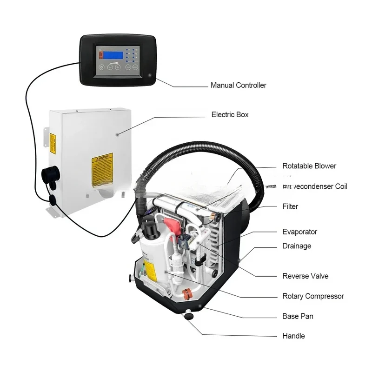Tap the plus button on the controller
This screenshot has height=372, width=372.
[x=118, y=67]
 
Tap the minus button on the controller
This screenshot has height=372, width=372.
[x=110, y=67]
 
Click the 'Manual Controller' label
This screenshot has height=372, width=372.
[x=238, y=85]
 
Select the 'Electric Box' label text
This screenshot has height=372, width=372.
[x=230, y=114]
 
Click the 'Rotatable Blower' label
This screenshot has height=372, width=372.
[x=309, y=166]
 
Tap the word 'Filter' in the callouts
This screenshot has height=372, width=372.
[x=290, y=206]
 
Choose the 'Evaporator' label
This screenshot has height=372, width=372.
[x=300, y=232]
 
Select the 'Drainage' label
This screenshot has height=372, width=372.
[x=297, y=246]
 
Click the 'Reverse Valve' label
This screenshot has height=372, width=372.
[x=305, y=276]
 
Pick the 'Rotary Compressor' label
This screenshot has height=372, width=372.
[x=313, y=296]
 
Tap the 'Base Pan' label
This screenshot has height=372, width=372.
[x=298, y=316]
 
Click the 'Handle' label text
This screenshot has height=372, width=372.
[x=293, y=336]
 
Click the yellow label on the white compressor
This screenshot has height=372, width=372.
[x=150, y=269]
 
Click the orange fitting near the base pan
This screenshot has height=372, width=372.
[x=186, y=294]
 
